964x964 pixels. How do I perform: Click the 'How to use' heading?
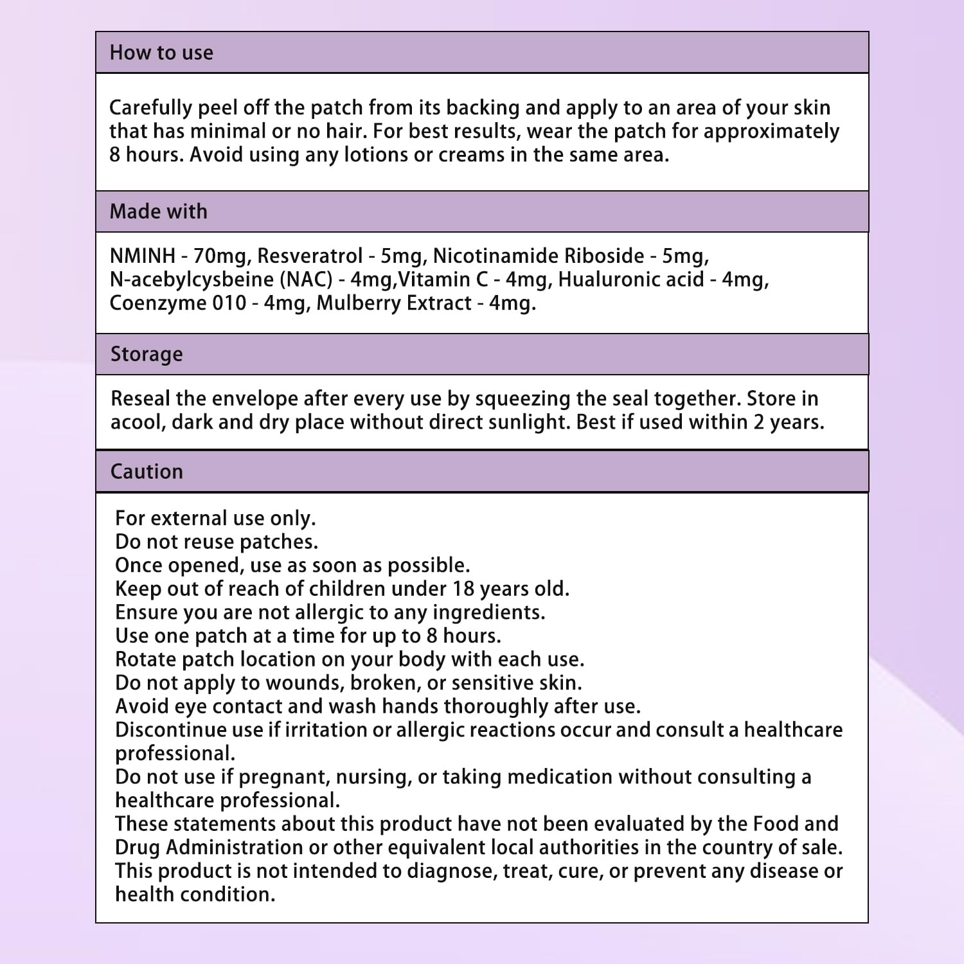(161, 53)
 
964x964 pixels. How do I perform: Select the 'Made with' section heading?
(158, 211)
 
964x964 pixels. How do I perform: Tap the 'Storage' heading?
(147, 354)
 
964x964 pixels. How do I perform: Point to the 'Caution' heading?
(147, 472)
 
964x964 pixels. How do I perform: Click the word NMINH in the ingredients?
(142, 256)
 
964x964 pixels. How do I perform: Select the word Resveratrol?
(310, 256)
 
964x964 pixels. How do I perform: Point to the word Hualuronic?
(622, 280)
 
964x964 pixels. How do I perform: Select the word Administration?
(234, 848)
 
